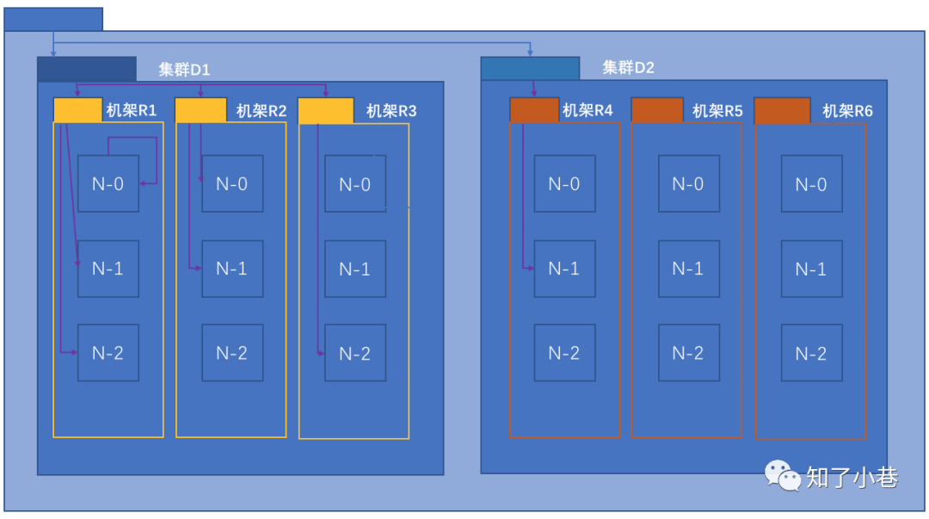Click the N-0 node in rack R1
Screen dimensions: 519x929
pyautogui.click(x=108, y=183)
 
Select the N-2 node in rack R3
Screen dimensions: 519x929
pyautogui.click(x=354, y=353)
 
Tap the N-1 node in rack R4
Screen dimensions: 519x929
pyautogui.click(x=564, y=269)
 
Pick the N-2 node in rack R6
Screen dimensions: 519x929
pyautogui.click(x=811, y=353)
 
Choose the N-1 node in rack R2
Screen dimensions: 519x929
pyautogui.click(x=231, y=269)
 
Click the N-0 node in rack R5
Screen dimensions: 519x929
pyautogui.click(x=687, y=183)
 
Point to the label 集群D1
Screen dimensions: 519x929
pyautogui.click(x=184, y=70)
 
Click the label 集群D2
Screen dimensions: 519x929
pyautogui.click(x=628, y=67)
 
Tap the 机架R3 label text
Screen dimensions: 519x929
pyautogui.click(x=391, y=111)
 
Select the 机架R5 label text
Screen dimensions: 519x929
pyautogui.click(x=717, y=111)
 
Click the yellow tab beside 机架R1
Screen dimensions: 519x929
pyautogui.click(x=77, y=110)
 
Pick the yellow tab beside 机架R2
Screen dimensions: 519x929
pyautogui.click(x=200, y=110)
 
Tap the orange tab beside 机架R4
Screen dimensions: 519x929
pyautogui.click(x=534, y=110)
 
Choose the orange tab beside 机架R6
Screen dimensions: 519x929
pyautogui.click(x=782, y=110)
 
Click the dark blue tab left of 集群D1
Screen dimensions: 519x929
pyautogui.click(x=86, y=69)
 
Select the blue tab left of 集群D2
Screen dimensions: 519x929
pyautogui.click(x=530, y=68)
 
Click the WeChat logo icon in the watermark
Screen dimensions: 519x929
pyautogui.click(x=783, y=475)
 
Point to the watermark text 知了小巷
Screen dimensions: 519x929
pyautogui.click(x=852, y=477)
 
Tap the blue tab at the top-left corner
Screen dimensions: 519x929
pyautogui.click(x=53, y=19)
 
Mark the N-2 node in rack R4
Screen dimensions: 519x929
pyautogui.click(x=564, y=353)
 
